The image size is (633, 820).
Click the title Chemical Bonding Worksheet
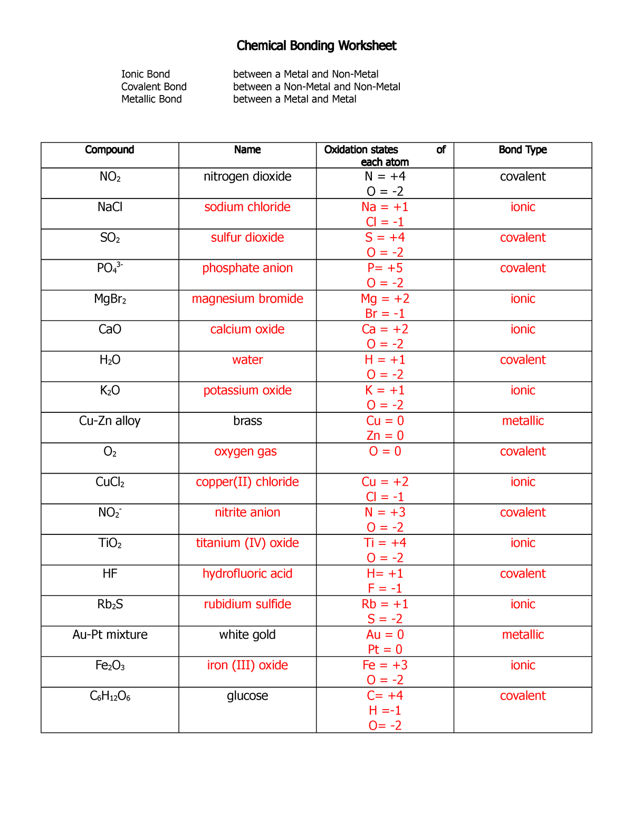[316, 46]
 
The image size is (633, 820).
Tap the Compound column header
[110, 150]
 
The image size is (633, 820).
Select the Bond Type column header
[522, 150]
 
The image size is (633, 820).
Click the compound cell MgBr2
[110, 299]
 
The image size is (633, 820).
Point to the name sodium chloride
[247, 207]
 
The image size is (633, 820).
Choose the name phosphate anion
[247, 268]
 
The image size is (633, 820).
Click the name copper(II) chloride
[247, 482]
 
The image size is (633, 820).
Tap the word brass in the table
[247, 421]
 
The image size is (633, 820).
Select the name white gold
[247, 635]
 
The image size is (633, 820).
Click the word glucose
[247, 696]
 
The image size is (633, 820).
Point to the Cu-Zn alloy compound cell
[110, 421]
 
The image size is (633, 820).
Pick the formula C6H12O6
[110, 696]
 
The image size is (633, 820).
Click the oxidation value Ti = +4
[385, 543]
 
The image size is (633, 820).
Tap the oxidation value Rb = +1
[385, 604]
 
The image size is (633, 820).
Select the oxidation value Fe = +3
[385, 665]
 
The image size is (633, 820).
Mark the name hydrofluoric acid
[247, 573]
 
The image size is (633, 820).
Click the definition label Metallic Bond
[151, 99]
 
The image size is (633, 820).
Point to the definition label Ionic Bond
[146, 74]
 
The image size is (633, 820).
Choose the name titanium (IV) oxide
[247, 543]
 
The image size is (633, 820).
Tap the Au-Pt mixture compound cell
[110, 635]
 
